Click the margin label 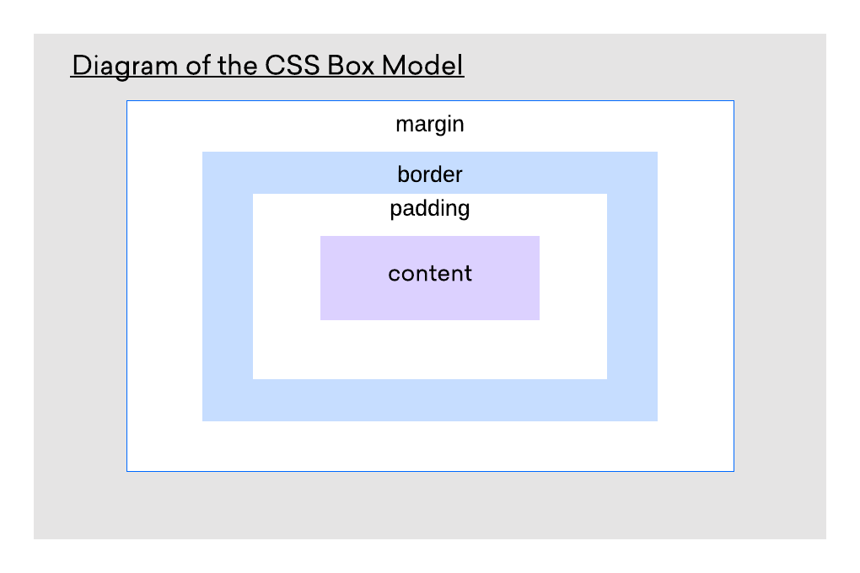click(x=430, y=125)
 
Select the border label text click(x=430, y=174)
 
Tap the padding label click(x=430, y=209)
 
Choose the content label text click(x=430, y=274)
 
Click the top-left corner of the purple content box click(x=321, y=237)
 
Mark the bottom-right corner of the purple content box click(x=539, y=319)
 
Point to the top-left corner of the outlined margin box click(x=127, y=101)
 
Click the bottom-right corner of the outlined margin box click(x=734, y=471)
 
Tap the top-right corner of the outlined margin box click(x=734, y=101)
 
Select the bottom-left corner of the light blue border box click(x=203, y=420)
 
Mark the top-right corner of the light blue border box click(x=657, y=153)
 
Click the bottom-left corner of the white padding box click(x=254, y=378)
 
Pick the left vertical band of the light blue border click(x=228, y=286)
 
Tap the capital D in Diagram click(x=80, y=66)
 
